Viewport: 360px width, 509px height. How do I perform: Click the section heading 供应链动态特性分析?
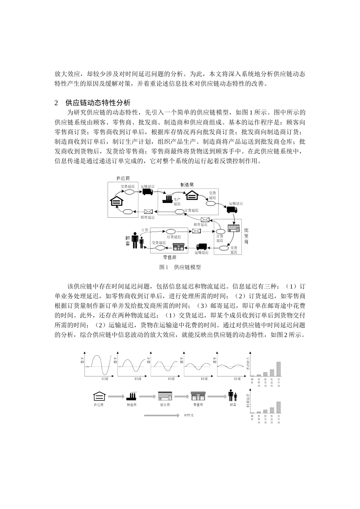[98, 103]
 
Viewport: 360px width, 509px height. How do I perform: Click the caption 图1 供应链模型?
[180, 267]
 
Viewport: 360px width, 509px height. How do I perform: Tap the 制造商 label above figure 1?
[187, 185]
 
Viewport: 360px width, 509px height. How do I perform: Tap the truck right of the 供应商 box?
[147, 192]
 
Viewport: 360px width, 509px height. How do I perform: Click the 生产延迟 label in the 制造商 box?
[177, 201]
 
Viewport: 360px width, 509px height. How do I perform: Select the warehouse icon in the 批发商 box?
[233, 228]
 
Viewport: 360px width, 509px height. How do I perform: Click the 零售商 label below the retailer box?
[169, 258]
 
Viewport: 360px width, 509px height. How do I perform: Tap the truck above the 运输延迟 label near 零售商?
[202, 247]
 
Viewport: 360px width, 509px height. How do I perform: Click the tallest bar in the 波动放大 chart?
[279, 368]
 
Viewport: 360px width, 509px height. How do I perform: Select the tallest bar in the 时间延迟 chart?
[279, 407]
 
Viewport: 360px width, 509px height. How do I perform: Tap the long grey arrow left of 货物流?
[161, 415]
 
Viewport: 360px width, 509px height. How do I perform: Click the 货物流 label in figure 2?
[188, 415]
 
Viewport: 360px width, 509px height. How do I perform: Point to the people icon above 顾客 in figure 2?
[233, 396]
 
